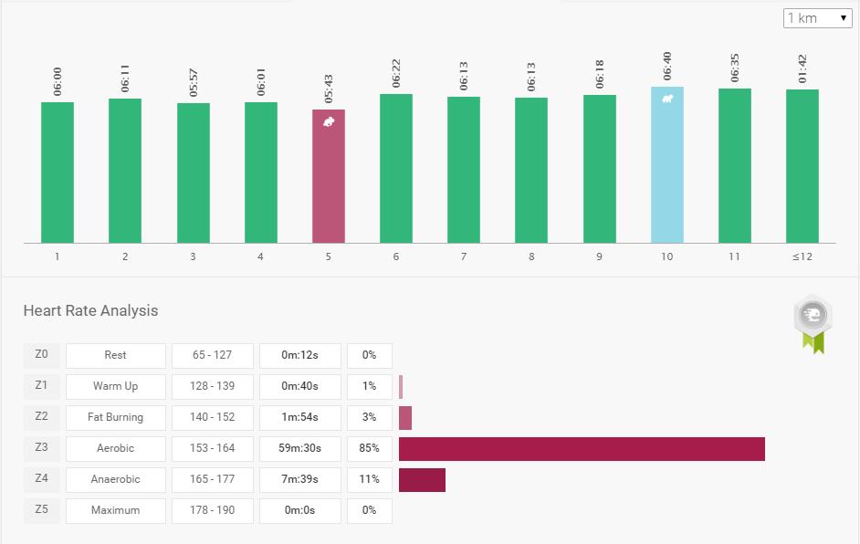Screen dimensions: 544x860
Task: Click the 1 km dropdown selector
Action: coord(817,18)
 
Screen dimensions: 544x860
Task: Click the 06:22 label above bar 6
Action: coord(396,76)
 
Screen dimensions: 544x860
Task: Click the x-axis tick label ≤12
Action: coord(802,256)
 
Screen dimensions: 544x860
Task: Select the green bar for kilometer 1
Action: coord(58,173)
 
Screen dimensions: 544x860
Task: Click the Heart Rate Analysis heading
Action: coord(90,310)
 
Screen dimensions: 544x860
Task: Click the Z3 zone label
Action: coord(41,447)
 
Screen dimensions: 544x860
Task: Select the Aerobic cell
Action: coord(116,448)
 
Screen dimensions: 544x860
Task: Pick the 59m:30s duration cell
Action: coord(300,448)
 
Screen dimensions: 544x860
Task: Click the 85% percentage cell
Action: coord(369,448)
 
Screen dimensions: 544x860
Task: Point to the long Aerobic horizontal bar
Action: coord(582,448)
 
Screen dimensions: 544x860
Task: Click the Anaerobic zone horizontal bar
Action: coord(422,479)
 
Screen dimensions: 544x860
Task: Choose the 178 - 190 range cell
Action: coord(213,510)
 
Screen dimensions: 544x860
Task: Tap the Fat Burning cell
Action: coord(116,417)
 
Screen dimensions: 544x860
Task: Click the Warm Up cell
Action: coord(116,386)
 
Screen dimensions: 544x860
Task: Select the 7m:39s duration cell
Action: coord(300,479)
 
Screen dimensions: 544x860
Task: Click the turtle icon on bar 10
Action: coord(667,99)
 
